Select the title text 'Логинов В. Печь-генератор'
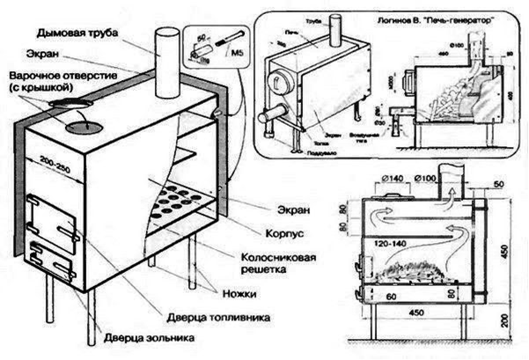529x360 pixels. tap(422, 18)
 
